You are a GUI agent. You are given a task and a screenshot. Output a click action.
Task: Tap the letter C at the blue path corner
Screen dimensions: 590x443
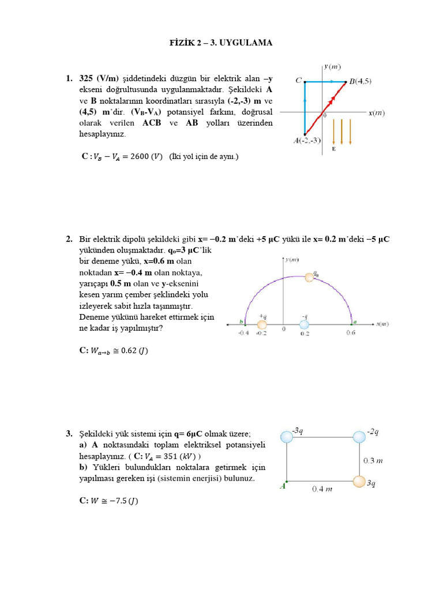click(299, 81)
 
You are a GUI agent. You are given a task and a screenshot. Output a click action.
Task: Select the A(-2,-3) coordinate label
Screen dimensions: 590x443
click(307, 140)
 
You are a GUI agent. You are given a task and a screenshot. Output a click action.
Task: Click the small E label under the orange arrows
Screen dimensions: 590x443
click(333, 149)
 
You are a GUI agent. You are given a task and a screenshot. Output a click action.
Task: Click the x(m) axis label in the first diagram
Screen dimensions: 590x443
click(377, 113)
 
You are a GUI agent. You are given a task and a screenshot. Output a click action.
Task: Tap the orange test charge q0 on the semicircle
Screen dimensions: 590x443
click(310, 277)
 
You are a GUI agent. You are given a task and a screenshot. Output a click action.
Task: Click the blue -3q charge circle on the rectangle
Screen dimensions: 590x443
click(287, 437)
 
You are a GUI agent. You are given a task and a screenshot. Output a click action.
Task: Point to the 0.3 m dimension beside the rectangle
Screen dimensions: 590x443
click(373, 460)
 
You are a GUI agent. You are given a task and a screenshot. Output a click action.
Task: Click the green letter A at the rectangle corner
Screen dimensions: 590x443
click(283, 486)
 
